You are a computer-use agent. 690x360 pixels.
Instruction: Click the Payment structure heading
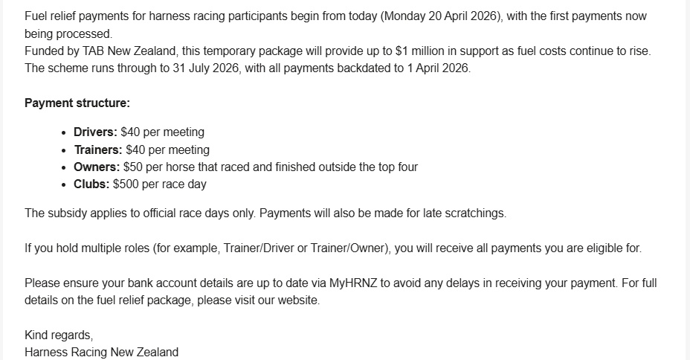pyautogui.click(x=77, y=103)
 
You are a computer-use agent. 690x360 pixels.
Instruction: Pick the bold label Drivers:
pyautogui.click(x=95, y=132)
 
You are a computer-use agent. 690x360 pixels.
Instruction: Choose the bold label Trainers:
pyautogui.click(x=98, y=150)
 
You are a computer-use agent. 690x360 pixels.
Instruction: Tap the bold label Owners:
pyautogui.click(x=97, y=167)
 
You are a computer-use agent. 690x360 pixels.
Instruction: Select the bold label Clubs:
pyautogui.click(x=91, y=184)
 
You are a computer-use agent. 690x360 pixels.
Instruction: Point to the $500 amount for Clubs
pyautogui.click(x=126, y=184)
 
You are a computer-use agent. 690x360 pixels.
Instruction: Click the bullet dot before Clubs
pyautogui.click(x=64, y=184)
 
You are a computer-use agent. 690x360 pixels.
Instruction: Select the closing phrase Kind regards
pyautogui.click(x=59, y=335)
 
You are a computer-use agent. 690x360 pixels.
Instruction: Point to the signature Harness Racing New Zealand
pyautogui.click(x=101, y=352)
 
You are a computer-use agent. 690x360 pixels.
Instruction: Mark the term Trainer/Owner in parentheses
pyautogui.click(x=349, y=248)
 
